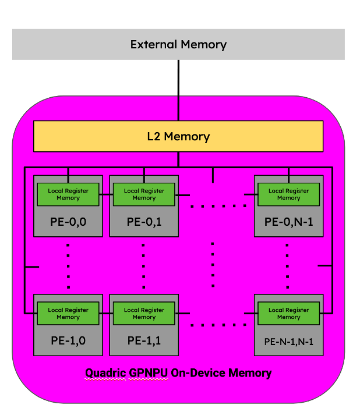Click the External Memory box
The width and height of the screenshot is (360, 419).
click(178, 44)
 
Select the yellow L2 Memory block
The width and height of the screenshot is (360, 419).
click(178, 137)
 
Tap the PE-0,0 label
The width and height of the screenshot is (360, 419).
click(68, 222)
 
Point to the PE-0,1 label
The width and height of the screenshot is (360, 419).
click(144, 222)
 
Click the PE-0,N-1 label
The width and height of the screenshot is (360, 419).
click(288, 222)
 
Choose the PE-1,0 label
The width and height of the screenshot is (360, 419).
click(68, 340)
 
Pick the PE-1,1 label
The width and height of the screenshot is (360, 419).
click(144, 340)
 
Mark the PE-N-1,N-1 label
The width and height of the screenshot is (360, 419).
click(288, 342)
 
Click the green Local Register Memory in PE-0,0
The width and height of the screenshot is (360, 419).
click(68, 194)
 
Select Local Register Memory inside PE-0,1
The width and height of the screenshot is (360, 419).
click(144, 194)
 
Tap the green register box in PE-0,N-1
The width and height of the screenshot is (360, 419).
click(288, 194)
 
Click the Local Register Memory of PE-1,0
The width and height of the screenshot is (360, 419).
click(68, 314)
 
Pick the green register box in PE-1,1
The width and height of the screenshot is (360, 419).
click(144, 314)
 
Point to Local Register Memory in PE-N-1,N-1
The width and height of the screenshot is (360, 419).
click(288, 314)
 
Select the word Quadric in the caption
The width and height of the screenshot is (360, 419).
click(105, 373)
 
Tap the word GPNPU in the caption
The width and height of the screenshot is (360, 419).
click(148, 373)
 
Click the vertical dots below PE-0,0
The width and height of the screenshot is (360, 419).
click(68, 265)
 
